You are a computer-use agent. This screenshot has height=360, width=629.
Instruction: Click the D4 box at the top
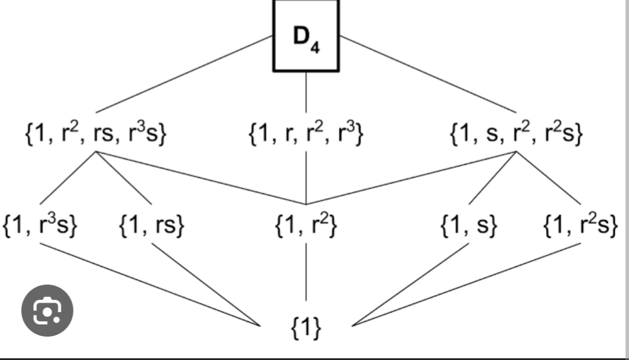[x=306, y=36]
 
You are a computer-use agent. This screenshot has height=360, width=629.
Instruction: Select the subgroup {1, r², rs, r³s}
[x=96, y=134]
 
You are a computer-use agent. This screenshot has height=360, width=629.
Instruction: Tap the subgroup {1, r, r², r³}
[x=307, y=134]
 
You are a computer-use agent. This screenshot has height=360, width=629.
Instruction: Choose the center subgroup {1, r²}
[x=306, y=226]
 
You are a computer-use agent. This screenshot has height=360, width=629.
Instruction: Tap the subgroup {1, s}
[x=469, y=226]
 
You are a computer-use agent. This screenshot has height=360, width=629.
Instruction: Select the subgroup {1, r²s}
[x=580, y=226]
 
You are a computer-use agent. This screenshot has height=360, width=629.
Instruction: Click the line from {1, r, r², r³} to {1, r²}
[x=307, y=178]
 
